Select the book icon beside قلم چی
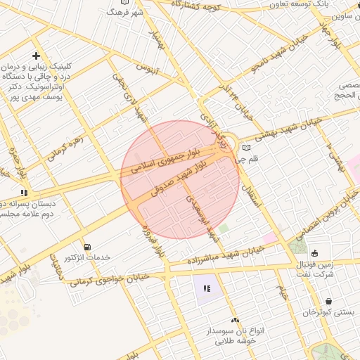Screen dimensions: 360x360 point(245,148)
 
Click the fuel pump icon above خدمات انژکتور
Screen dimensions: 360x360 point(86,247)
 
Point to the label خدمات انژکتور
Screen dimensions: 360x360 point(87,258)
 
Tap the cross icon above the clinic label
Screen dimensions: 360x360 point(36,56)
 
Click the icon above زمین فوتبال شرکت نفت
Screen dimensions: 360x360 point(314,253)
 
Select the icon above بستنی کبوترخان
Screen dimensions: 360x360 point(329,301)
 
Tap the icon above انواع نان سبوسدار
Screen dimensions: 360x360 point(235,320)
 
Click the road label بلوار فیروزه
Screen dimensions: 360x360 point(153,240)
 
